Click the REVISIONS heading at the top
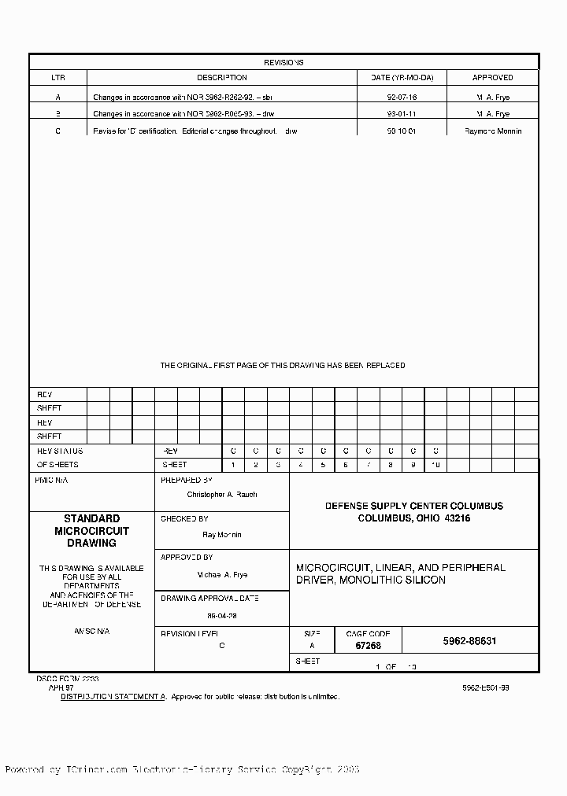click(283, 62)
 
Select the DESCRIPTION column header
click(221, 78)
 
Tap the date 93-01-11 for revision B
click(402, 115)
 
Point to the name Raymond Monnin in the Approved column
click(493, 131)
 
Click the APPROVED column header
click(492, 78)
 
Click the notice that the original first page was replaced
click(283, 366)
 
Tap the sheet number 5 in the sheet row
click(323, 466)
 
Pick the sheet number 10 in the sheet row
click(435, 466)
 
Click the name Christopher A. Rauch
click(222, 495)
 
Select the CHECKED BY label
click(184, 519)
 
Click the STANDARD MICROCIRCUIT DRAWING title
click(91, 531)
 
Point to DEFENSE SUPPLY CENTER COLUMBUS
click(414, 506)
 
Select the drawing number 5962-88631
click(469, 641)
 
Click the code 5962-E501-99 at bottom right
click(485, 687)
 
